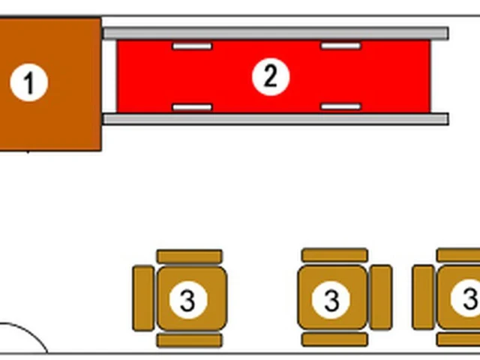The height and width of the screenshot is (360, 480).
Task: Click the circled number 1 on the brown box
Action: tap(28, 82)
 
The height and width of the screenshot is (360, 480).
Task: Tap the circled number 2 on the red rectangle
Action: tap(271, 76)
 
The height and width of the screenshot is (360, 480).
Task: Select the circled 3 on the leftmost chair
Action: tap(188, 300)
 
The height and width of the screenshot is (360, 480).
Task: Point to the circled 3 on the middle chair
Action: tap(331, 300)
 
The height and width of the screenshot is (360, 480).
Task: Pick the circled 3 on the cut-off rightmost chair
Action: tap(466, 298)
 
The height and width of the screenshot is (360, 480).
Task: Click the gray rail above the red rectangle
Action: tap(276, 33)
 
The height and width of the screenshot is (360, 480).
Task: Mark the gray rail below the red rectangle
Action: tap(276, 119)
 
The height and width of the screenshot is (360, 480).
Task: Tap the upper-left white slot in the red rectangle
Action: tap(192, 46)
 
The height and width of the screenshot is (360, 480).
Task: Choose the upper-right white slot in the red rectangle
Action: tap(340, 46)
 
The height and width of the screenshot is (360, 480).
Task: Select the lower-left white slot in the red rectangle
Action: tap(192, 107)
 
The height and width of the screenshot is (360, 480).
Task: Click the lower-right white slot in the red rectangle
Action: tap(340, 106)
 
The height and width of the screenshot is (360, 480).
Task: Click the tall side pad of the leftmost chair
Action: tap(143, 298)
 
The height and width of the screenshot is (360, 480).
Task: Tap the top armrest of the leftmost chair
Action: tap(190, 256)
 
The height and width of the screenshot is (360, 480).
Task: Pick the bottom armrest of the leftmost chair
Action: tap(190, 340)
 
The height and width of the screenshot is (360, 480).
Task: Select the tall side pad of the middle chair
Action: tap(381, 298)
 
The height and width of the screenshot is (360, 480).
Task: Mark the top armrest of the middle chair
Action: tap(335, 255)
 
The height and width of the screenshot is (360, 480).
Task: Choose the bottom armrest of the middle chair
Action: tap(335, 340)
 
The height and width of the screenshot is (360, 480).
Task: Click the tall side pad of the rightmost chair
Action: tap(423, 298)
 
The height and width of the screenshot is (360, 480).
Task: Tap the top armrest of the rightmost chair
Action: tap(458, 255)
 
